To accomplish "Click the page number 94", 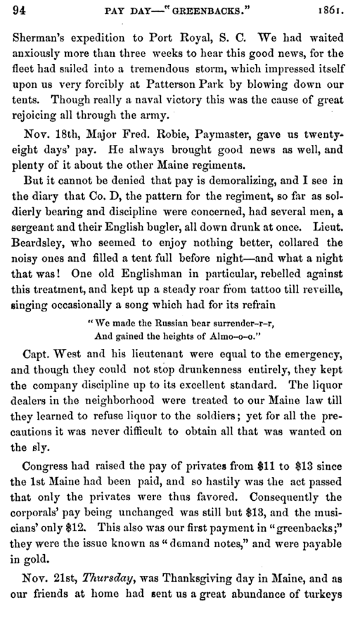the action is pos(19,11).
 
